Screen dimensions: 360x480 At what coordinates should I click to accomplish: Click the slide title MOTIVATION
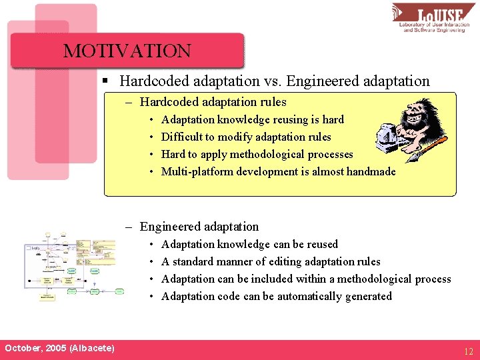point(127,51)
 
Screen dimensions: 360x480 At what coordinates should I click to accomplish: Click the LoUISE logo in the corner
point(434,19)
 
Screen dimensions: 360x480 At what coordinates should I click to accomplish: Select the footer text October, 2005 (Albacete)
point(59,349)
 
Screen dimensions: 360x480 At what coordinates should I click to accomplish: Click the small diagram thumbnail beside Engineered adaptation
point(73,265)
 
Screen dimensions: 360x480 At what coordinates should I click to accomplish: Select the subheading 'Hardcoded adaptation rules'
point(213,102)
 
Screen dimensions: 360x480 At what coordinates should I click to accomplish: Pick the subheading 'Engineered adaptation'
point(199,227)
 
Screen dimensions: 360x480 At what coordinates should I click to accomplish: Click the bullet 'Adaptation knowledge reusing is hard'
point(252,119)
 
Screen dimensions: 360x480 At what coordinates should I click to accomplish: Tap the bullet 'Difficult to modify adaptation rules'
point(245,137)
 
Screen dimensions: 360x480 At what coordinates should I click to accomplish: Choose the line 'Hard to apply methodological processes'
point(257,154)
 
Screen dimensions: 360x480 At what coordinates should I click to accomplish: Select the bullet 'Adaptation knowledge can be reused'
point(249,244)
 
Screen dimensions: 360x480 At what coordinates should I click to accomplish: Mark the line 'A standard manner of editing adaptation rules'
point(271,261)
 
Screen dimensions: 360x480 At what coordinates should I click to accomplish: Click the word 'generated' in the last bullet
point(368,296)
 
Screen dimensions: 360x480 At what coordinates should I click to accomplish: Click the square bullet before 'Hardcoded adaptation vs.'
point(105,81)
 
